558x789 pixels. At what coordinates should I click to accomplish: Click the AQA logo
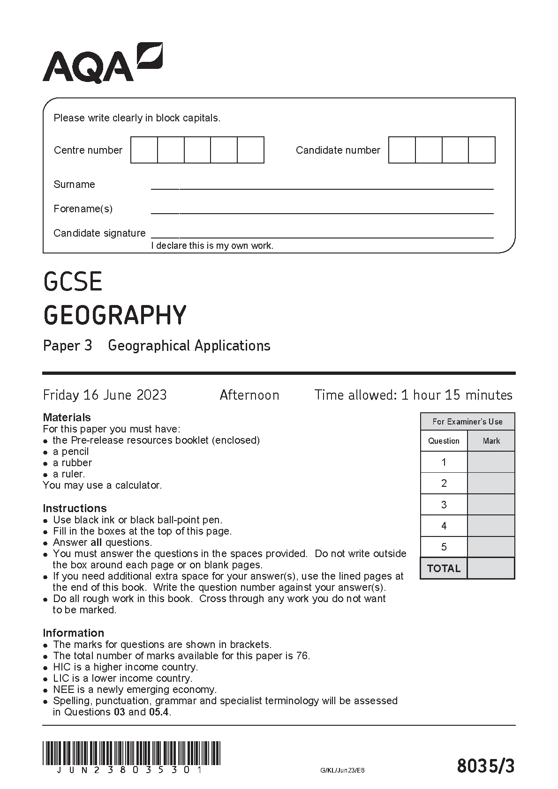tap(102, 63)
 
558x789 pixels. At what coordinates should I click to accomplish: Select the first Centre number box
tap(144, 150)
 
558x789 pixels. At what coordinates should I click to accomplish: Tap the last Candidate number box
tap(482, 150)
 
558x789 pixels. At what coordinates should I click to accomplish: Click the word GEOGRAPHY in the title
tap(115, 315)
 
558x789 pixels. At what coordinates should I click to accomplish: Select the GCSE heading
tap(73, 282)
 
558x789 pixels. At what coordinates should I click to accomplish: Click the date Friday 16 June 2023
tap(105, 395)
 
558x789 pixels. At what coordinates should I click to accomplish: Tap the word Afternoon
tap(249, 395)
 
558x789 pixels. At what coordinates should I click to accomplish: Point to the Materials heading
tap(67, 417)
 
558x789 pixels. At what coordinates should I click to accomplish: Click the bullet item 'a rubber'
tap(72, 462)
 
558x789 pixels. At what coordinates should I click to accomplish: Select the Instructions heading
tap(75, 508)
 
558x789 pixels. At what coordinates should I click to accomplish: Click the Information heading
tap(73, 633)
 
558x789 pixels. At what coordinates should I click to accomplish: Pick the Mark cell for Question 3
tap(491, 505)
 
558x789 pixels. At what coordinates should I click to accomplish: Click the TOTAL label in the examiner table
tap(444, 568)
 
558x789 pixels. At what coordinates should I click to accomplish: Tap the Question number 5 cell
tap(444, 547)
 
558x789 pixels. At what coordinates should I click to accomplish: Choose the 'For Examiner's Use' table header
tap(467, 422)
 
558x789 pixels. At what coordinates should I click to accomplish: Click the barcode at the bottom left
tap(131, 753)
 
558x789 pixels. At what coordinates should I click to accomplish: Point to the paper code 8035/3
tap(485, 767)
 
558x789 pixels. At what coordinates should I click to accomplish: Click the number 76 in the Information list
tap(302, 655)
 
